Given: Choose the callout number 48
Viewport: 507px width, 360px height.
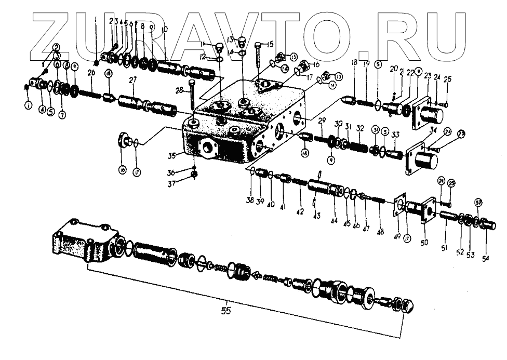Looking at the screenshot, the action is pos(380,233).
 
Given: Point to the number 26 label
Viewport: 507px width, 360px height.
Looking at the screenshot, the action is pos(91,74).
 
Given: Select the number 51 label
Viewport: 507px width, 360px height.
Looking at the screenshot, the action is pos(444,248).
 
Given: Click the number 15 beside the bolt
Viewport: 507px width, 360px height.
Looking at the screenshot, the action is pos(270,45).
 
